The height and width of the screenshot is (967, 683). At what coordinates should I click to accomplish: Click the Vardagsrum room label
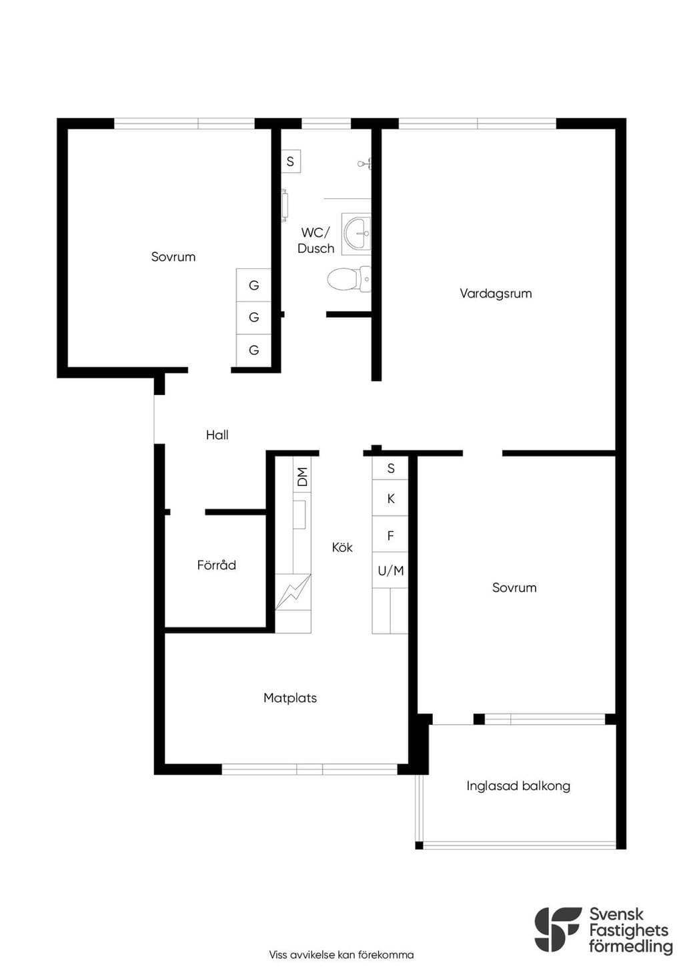(x=496, y=294)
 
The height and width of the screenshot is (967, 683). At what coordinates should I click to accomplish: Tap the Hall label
(x=217, y=434)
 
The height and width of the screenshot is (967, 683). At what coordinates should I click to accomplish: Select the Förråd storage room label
(x=217, y=565)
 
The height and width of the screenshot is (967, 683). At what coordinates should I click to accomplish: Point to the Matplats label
(x=290, y=698)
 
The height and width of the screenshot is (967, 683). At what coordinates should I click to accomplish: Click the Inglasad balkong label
(x=518, y=785)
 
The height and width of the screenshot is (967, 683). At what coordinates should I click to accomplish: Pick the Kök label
(x=342, y=547)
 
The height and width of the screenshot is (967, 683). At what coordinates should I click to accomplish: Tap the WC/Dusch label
(x=316, y=240)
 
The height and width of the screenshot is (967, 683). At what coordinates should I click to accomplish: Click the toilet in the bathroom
(x=349, y=280)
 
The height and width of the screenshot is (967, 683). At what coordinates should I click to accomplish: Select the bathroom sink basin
(x=358, y=234)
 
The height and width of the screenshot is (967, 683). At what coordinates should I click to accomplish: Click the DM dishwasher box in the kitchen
(x=302, y=477)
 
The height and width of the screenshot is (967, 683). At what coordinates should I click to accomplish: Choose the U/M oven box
(x=390, y=571)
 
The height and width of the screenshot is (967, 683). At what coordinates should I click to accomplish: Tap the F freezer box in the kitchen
(x=390, y=535)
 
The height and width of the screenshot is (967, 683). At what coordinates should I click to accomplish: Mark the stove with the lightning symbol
(x=293, y=591)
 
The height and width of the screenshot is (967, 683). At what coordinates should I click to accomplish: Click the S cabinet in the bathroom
(x=291, y=162)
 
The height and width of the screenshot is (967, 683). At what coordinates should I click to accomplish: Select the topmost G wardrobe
(x=253, y=285)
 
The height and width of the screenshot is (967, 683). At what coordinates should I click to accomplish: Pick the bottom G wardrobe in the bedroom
(x=253, y=350)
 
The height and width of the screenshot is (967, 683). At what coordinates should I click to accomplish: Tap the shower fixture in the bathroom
(x=365, y=164)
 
